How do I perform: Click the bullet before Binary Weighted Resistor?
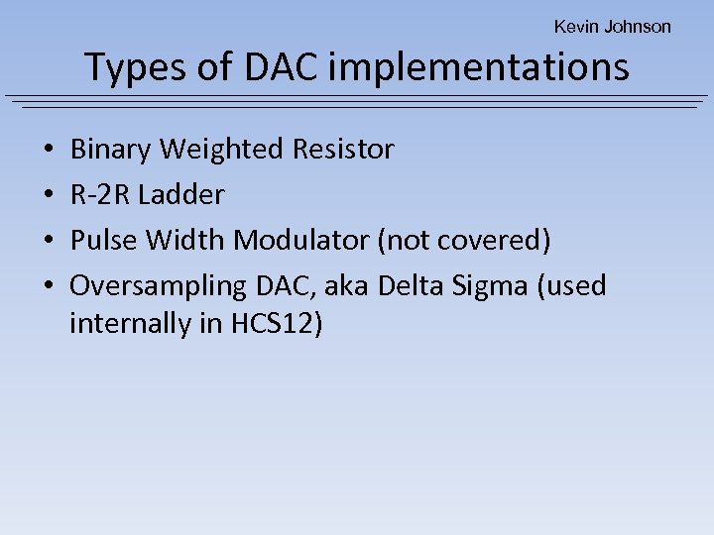point(49,151)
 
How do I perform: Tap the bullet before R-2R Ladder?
point(49,196)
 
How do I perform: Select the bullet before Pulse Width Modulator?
point(49,241)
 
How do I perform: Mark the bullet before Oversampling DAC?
point(49,286)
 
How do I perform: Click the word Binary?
point(110,150)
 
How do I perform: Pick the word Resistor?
point(343,150)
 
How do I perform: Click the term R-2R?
point(100,195)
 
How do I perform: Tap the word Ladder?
point(181,195)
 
